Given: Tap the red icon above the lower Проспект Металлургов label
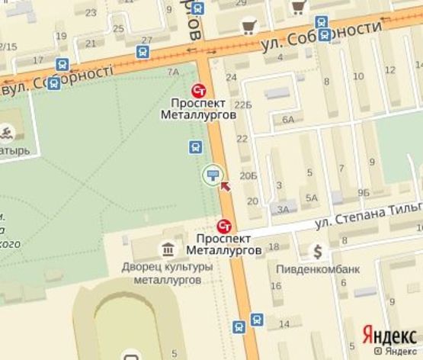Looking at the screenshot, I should (224, 226).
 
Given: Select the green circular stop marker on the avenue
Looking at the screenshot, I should (213, 175).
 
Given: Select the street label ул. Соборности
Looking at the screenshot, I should (321, 37).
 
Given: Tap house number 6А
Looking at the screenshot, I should (287, 120).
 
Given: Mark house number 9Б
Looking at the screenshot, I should (364, 192).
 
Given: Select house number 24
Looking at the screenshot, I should (231, 78).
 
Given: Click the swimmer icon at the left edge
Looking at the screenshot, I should (7, 135).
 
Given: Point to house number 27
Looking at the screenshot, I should (146, 40).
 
